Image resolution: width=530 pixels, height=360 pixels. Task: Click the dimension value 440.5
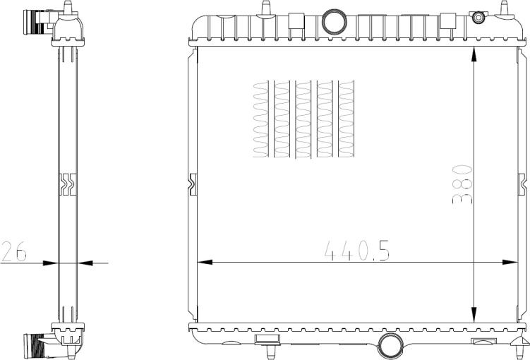click(x=357, y=250)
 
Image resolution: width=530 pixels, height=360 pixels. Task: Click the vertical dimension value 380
click(x=462, y=183)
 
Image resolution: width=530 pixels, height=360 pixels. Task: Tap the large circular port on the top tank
click(x=333, y=22)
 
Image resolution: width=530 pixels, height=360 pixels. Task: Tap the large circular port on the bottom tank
click(x=390, y=346)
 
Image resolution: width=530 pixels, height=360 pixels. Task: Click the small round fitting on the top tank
click(x=479, y=17)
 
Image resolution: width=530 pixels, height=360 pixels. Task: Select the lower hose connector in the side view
click(x=34, y=346)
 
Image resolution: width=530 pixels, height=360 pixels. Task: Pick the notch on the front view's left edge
click(x=192, y=183)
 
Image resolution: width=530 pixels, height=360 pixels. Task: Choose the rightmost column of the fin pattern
click(x=347, y=118)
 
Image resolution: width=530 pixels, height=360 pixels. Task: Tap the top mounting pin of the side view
click(x=68, y=7)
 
